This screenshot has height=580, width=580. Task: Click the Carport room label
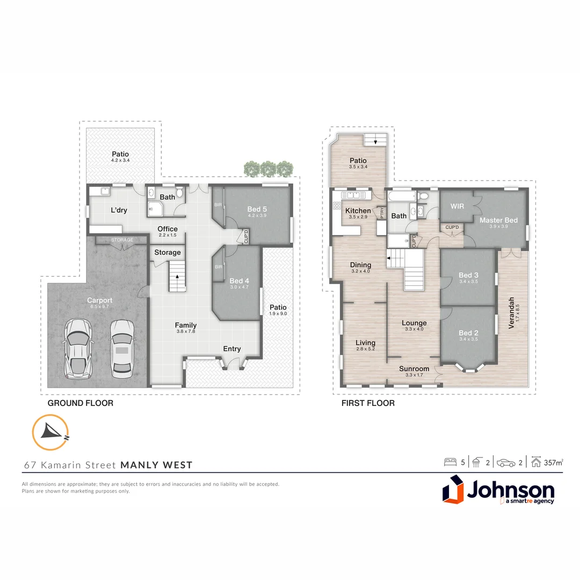[100, 301]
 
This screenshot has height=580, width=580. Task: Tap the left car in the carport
[77, 348]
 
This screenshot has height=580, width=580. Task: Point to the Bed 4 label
[240, 281]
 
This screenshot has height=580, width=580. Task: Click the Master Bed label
[498, 220]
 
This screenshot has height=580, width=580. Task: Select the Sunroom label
[414, 369]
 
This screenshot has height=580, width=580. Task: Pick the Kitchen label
[358, 211]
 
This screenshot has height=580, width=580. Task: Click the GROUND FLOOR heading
[81, 403]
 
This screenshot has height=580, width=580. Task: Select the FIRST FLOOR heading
[368, 403]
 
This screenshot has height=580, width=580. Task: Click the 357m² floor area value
[554, 462]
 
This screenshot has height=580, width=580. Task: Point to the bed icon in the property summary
[450, 462]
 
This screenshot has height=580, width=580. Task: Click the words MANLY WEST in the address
[156, 465]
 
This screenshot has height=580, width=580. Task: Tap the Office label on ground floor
[168, 229]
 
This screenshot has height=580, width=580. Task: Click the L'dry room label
[119, 210]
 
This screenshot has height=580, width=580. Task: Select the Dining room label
[360, 265]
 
